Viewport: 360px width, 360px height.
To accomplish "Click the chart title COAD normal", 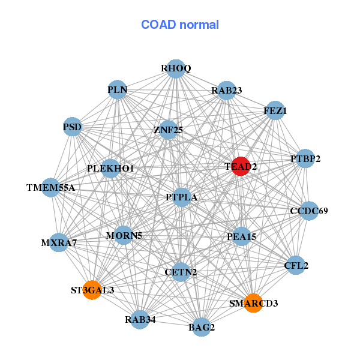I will click(180, 25).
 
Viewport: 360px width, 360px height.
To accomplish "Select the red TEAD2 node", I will click(240, 166).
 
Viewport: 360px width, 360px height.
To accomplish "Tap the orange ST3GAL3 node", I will click(92, 290).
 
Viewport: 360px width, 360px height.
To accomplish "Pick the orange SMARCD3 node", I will click(253, 303).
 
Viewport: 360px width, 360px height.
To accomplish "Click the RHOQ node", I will click(175, 68).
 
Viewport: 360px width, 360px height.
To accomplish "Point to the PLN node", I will click(118, 90).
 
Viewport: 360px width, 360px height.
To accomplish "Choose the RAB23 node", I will click(226, 91).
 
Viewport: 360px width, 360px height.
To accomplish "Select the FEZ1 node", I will click(275, 110).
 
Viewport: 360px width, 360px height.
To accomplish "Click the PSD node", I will click(72, 127).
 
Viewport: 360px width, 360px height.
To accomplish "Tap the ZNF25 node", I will click(168, 129).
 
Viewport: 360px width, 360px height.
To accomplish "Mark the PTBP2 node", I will click(305, 159).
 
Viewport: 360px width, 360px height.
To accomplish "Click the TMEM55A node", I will click(51, 188).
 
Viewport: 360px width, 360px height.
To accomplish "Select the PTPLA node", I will click(182, 197).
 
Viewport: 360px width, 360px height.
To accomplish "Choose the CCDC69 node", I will click(308, 211).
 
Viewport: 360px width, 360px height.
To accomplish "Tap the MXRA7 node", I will click(58, 243).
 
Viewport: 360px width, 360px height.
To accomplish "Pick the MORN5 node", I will click(124, 235).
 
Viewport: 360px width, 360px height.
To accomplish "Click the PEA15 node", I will click(241, 236).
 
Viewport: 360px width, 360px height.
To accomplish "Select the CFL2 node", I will click(296, 265).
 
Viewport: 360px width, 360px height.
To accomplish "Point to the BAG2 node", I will click(202, 327).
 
